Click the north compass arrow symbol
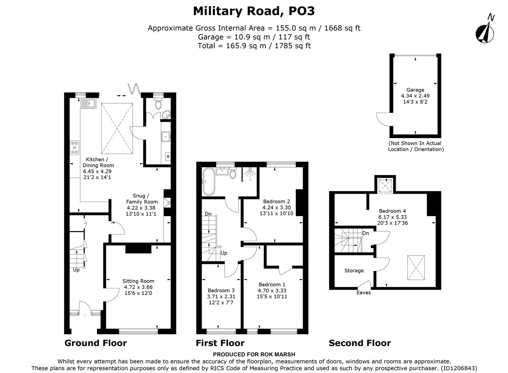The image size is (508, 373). (x=485, y=33)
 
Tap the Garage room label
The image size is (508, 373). (x=415, y=90)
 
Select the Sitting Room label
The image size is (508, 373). (x=138, y=281)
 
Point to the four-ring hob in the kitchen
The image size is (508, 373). (x=74, y=147)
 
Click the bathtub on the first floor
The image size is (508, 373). (x=208, y=182)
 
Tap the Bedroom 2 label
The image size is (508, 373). (x=276, y=201)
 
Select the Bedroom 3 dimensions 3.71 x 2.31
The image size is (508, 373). (x=221, y=296)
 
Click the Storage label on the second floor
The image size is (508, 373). (x=354, y=270)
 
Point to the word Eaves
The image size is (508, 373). (x=364, y=293)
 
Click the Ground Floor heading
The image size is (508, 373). (x=96, y=343)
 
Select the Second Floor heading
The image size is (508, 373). (x=360, y=343)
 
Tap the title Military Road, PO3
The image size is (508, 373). (x=254, y=11)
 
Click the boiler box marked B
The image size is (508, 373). (x=168, y=156)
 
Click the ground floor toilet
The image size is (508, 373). (x=159, y=104)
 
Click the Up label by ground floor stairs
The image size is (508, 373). (x=76, y=270)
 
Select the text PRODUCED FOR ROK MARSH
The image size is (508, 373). (x=254, y=354)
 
